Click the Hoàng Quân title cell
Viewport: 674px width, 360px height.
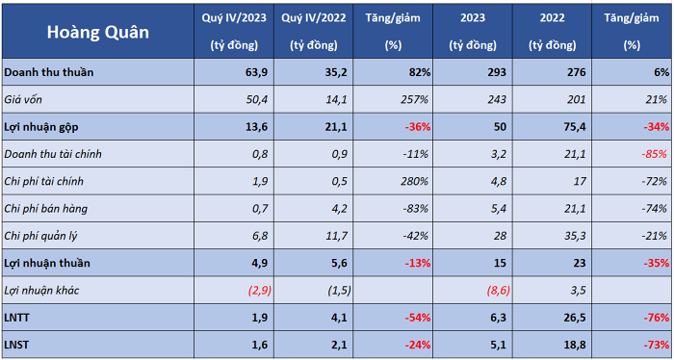click(98, 32)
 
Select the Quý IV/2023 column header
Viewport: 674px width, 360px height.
click(234, 31)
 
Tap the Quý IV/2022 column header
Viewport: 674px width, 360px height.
click(314, 31)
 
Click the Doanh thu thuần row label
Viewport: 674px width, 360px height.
click(48, 72)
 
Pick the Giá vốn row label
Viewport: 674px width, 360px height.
click(23, 100)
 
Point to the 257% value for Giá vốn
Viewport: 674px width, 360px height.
click(414, 100)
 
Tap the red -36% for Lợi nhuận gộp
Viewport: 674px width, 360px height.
click(416, 127)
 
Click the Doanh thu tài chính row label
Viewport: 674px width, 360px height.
click(53, 154)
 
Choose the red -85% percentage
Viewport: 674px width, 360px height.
click(655, 154)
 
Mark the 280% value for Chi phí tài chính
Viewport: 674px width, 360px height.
click(414, 181)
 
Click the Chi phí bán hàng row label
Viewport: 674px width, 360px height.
click(45, 209)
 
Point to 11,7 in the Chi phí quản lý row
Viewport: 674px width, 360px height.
click(336, 236)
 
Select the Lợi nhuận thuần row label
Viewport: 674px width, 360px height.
click(47, 263)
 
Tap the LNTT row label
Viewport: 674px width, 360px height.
click(16, 318)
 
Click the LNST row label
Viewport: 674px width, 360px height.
click(16, 345)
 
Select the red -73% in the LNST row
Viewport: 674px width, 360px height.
click(656, 345)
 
